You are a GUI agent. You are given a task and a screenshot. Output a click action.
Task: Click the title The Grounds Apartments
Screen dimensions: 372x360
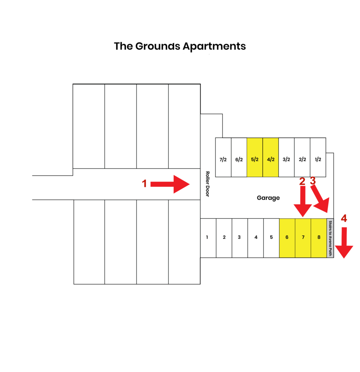click(180, 46)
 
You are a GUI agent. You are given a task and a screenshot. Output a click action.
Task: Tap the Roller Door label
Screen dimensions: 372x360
click(207, 184)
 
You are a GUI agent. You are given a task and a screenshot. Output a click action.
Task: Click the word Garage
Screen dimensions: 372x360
click(268, 198)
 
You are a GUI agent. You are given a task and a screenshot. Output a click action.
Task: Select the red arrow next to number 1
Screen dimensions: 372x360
click(170, 184)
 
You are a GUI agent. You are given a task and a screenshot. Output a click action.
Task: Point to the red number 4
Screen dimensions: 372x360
click(344, 218)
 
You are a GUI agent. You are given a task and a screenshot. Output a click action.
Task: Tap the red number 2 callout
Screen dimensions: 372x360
click(302, 182)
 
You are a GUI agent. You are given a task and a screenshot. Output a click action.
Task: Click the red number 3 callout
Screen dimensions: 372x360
click(313, 181)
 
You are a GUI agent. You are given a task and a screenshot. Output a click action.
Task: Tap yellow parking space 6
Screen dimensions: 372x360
click(287, 238)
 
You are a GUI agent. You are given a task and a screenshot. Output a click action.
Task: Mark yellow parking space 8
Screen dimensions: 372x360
click(319, 238)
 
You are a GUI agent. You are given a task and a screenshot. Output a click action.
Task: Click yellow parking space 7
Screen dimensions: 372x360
click(303, 238)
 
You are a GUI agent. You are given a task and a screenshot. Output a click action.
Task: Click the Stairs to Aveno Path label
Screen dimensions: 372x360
click(330, 238)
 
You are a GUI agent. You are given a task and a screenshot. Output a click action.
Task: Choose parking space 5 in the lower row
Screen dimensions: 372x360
click(271, 238)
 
